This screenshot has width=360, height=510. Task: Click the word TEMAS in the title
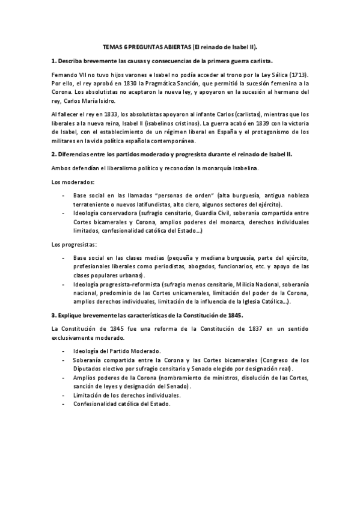[113, 46]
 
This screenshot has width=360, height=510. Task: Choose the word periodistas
[143, 266]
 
